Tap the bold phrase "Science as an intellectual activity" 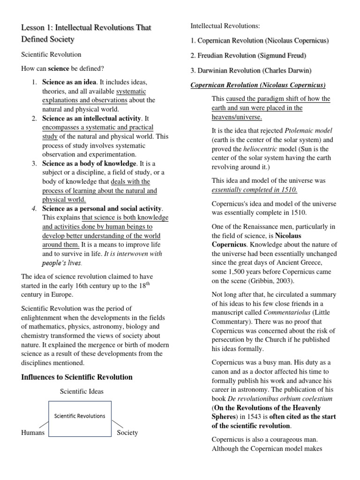[x=91, y=118]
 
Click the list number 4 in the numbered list [x=34, y=209]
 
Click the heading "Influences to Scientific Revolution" [x=77, y=377]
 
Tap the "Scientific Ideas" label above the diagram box [x=82, y=391]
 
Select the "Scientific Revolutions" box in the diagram [x=80, y=416]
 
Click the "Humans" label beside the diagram [x=33, y=433]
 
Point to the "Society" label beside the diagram [x=127, y=433]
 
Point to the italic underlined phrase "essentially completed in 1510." [x=254, y=189]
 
